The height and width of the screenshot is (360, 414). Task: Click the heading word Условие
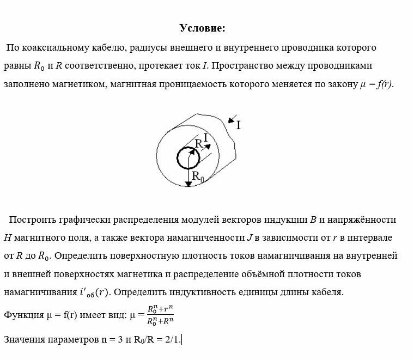[x=202, y=28]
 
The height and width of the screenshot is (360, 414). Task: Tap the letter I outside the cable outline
[x=238, y=125]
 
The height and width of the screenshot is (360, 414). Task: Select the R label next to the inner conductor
[x=199, y=144]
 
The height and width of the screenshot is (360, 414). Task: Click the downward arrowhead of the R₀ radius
[x=188, y=184]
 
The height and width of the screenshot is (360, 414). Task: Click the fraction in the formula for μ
[x=160, y=315]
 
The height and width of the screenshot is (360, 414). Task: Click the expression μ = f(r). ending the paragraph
[x=376, y=85]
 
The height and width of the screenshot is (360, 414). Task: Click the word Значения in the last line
[x=26, y=340]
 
